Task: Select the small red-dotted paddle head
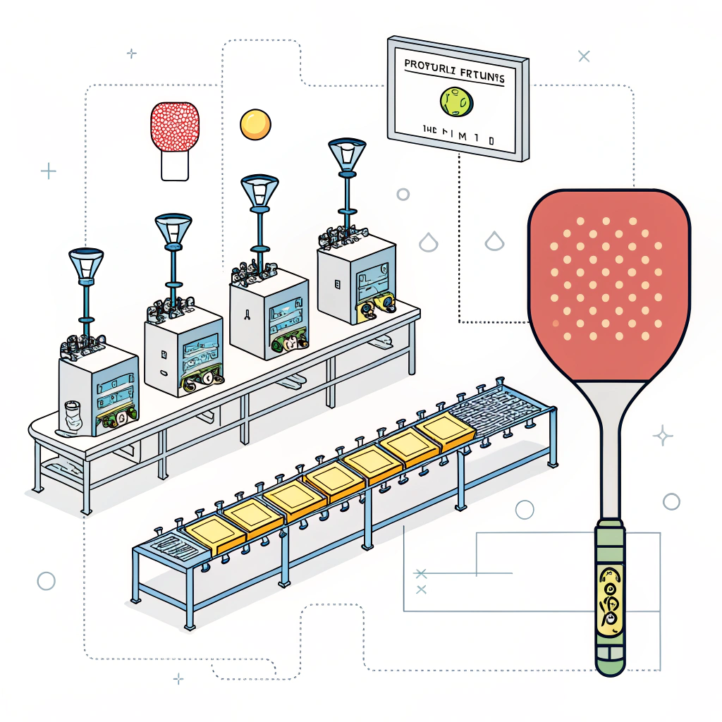pos(175,127)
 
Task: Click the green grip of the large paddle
pos(609,592)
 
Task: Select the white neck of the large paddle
pos(609,451)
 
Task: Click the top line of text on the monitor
pos(454,70)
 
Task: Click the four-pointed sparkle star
pos(663,436)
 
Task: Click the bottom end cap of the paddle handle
pos(609,663)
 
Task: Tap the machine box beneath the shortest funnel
pos(99,388)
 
